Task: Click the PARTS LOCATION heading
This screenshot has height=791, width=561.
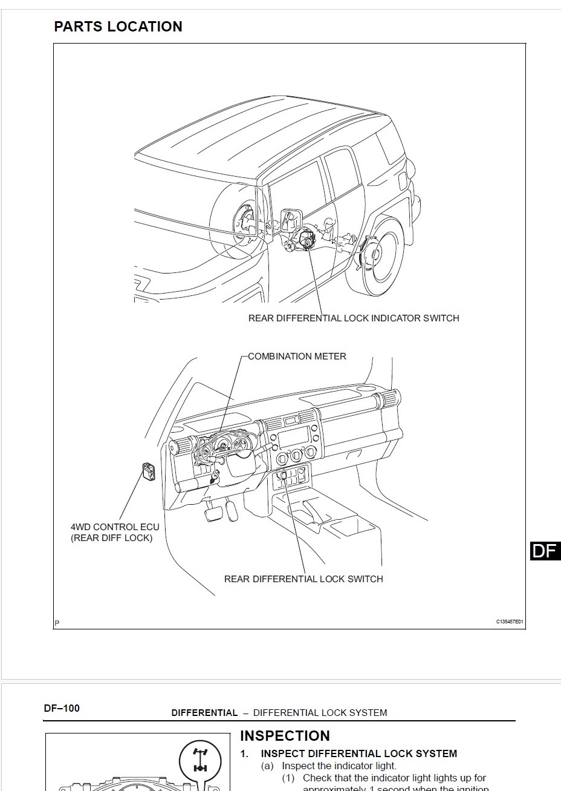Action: click(118, 27)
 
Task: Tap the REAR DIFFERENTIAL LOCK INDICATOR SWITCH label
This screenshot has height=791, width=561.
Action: click(354, 318)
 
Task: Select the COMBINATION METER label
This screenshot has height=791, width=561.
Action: click(297, 356)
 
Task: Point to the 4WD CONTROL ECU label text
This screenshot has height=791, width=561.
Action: click(115, 527)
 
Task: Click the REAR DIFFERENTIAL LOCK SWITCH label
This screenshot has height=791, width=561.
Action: click(303, 579)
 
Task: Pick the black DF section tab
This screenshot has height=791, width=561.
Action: click(544, 551)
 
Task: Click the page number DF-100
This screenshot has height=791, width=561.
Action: click(62, 708)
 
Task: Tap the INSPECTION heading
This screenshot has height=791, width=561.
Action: click(285, 736)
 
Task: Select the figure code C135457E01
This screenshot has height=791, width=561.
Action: click(510, 622)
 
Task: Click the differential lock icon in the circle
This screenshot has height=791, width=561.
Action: click(199, 760)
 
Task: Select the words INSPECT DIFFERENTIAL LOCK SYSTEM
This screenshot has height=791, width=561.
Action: click(358, 754)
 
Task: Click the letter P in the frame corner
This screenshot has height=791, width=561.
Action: click(57, 623)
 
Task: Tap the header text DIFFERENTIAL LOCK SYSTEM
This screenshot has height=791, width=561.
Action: click(320, 713)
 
